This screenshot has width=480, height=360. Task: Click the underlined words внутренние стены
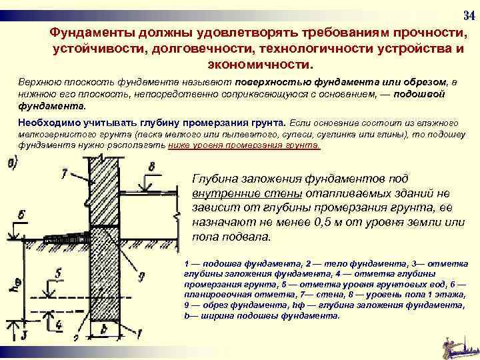247,193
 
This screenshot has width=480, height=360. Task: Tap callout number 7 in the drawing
64,175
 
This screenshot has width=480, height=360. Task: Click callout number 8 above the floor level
152,167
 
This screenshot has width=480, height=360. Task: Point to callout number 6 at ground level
22,215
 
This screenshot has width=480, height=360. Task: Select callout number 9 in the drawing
141,275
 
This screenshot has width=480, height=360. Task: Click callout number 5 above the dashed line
59,273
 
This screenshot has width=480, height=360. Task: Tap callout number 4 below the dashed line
59,325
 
